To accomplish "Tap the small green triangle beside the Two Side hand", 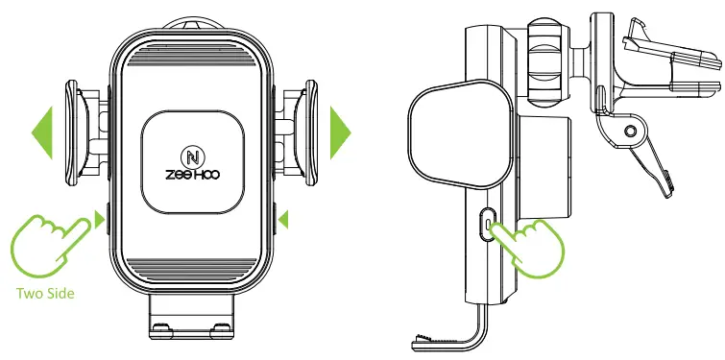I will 99,221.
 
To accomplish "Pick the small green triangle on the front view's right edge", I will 282,222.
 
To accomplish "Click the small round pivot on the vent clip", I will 630,130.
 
